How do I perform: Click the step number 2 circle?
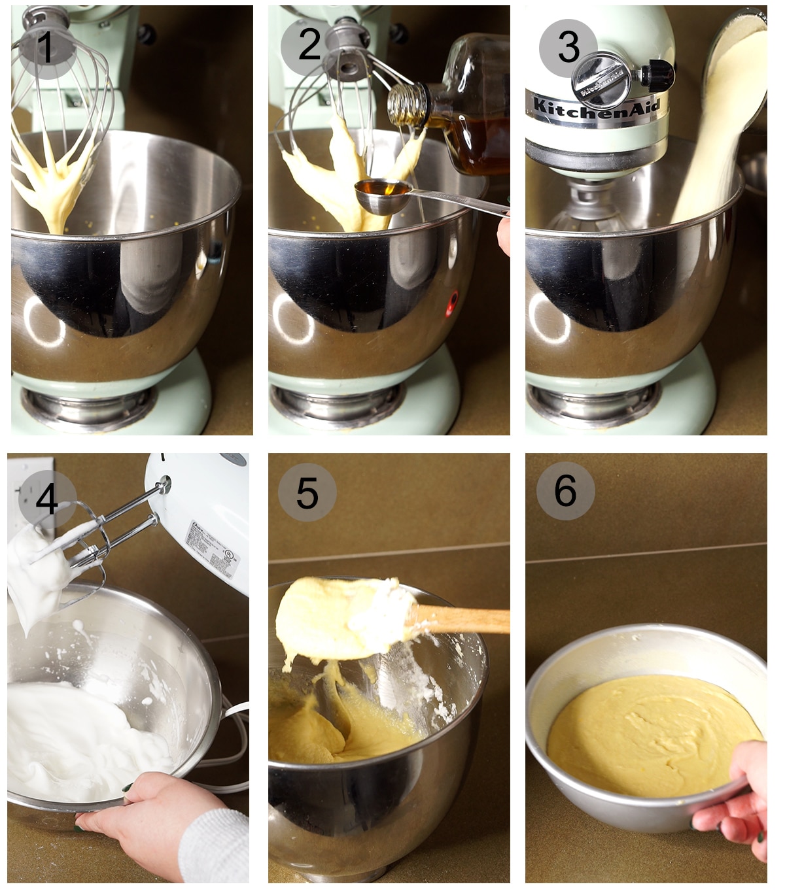coord(309,44)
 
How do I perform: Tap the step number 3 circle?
coord(567,47)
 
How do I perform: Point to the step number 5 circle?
coord(307,493)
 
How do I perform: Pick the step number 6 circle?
coord(565,490)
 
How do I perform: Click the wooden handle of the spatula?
coord(464,618)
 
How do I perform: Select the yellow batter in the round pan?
coord(648,735)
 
